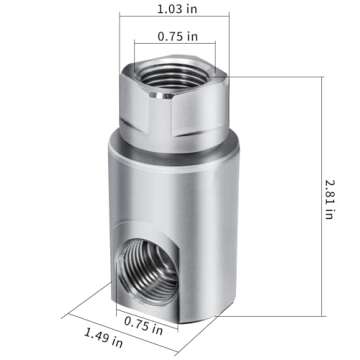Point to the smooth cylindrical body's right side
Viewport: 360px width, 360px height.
tap(225, 200)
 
